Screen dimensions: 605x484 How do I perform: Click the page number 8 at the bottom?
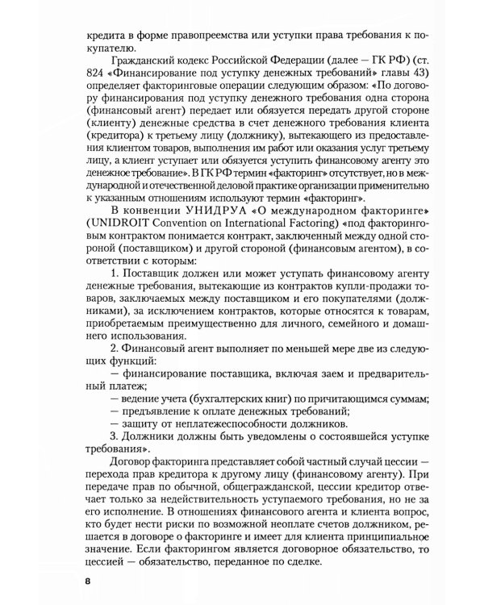pos(77,580)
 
